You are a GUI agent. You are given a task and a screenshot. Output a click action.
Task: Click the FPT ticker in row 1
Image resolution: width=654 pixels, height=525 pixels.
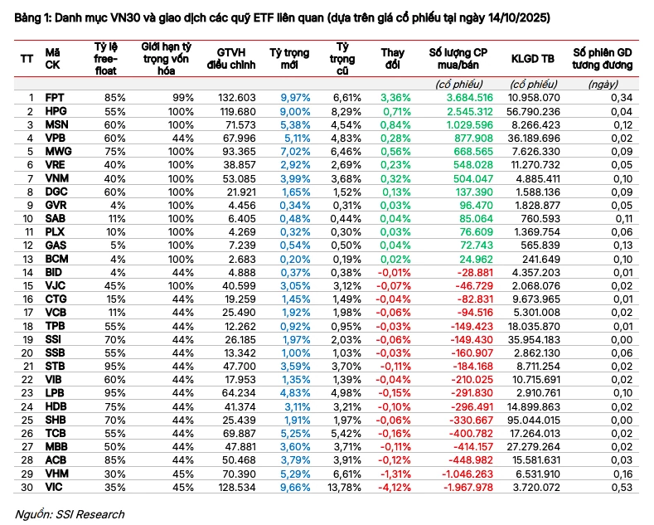[55, 98]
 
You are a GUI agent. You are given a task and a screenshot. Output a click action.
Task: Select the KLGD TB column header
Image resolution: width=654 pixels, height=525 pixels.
[533, 59]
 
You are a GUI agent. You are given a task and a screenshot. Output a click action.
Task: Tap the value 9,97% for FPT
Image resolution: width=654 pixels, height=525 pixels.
[295, 98]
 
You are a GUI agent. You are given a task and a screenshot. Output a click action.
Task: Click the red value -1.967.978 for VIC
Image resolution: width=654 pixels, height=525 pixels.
[467, 487]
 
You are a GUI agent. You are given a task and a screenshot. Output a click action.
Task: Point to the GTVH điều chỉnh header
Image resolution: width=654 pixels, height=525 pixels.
[231, 59]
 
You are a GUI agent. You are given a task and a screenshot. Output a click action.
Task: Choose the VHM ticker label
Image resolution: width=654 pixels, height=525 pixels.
[57, 474]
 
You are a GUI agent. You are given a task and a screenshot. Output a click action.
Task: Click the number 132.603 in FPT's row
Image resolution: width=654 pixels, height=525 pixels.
[236, 98]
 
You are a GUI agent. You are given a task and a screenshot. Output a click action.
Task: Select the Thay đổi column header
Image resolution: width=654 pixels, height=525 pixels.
[393, 59]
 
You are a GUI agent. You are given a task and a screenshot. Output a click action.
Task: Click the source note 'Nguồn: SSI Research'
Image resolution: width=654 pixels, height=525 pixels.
[70, 514]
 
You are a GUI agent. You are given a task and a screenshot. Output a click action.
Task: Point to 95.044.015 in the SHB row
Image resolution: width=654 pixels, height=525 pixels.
[534, 420]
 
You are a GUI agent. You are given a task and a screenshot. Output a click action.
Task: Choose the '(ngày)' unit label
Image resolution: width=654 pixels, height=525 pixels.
[603, 85]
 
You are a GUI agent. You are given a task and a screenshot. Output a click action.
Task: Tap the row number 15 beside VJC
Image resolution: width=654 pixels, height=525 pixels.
[27, 286]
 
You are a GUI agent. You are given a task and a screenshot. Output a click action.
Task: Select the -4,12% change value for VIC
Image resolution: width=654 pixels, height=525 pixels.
[395, 487]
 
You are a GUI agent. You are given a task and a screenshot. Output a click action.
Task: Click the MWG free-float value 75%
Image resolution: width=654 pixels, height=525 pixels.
[114, 152]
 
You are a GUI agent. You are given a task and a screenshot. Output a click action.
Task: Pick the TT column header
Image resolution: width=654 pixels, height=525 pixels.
[27, 59]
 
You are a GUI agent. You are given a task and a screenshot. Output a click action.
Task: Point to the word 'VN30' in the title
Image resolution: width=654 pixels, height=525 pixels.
[125, 18]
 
